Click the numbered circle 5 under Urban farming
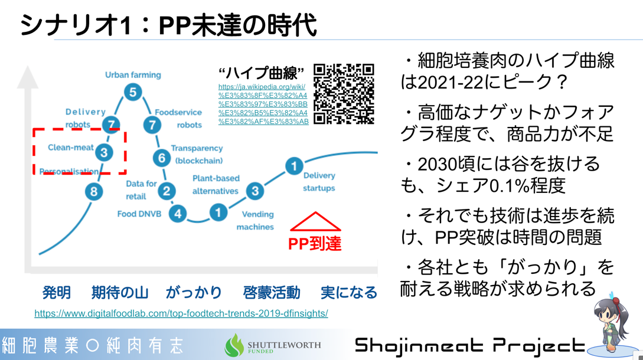(x=133, y=92)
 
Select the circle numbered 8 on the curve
(x=94, y=191)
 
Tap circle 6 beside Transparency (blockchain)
(x=162, y=158)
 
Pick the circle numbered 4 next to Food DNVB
(x=178, y=214)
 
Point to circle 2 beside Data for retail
(x=167, y=191)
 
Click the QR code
(x=344, y=94)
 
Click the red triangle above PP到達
(x=315, y=221)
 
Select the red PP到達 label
(x=315, y=244)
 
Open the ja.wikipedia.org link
(x=263, y=104)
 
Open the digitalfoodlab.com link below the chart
(x=181, y=313)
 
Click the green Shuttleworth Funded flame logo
(x=234, y=345)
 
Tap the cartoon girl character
(x=611, y=323)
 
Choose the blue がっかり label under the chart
(x=194, y=292)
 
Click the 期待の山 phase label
(x=120, y=292)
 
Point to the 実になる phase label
(x=349, y=292)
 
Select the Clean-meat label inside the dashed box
(x=70, y=147)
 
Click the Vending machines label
(x=256, y=220)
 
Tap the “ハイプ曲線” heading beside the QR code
(x=261, y=73)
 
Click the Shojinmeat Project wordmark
(x=470, y=346)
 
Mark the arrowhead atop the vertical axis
(x=28, y=77)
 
